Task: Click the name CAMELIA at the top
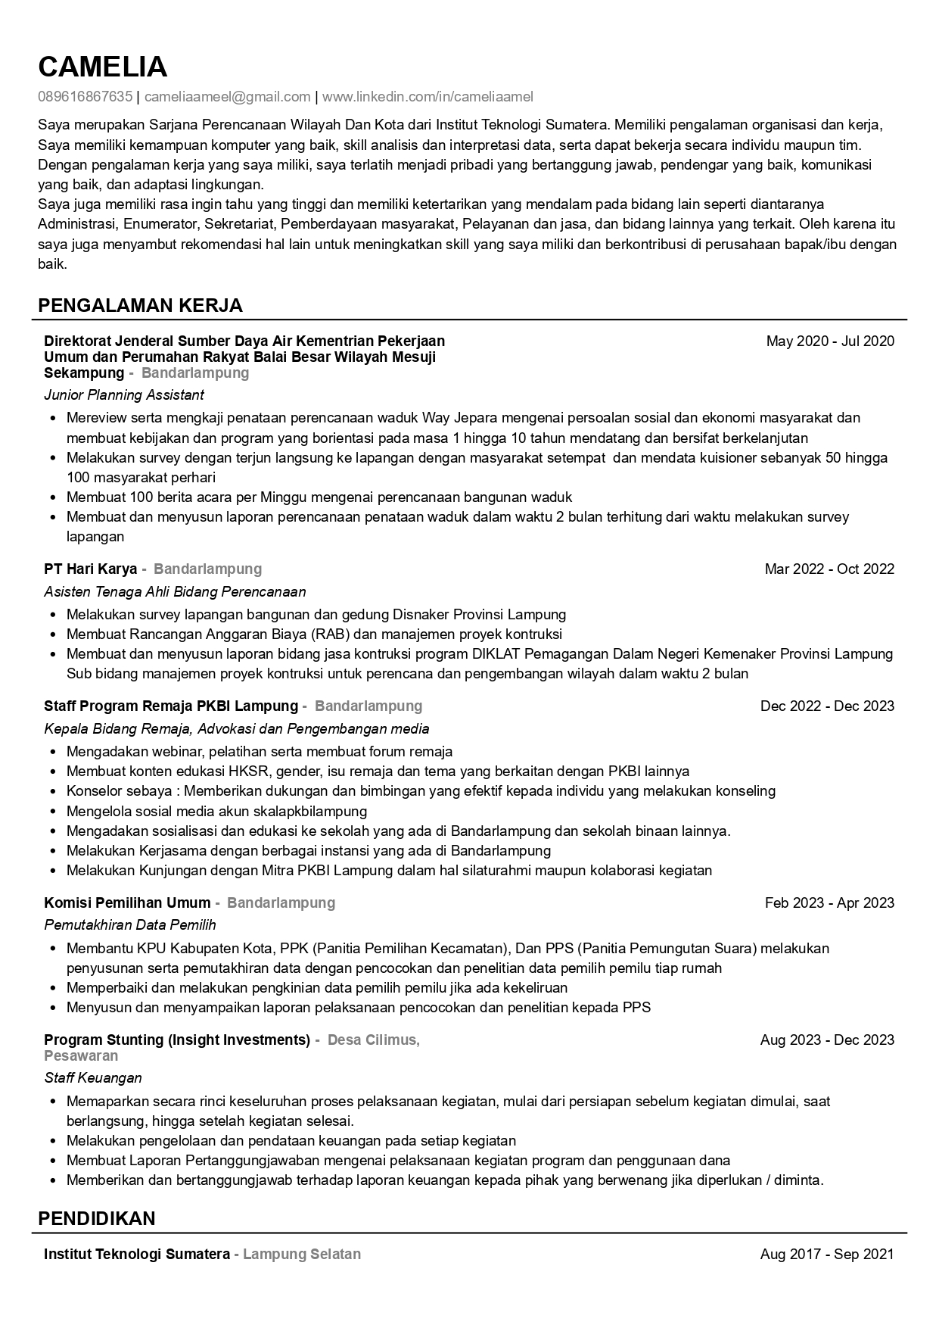(102, 67)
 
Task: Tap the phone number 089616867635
(85, 97)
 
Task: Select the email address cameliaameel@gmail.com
(227, 97)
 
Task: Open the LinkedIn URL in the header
(428, 97)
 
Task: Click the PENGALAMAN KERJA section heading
(140, 306)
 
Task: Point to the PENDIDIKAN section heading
(96, 1218)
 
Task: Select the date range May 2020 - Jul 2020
(830, 341)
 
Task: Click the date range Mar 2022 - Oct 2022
(829, 569)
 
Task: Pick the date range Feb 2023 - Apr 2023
(829, 903)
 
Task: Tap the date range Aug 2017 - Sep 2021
(827, 1255)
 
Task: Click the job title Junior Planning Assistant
(124, 395)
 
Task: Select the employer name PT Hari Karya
(91, 569)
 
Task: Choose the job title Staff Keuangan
(93, 1078)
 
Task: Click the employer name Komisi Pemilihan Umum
(127, 903)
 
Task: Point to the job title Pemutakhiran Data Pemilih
(130, 925)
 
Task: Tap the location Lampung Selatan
(302, 1255)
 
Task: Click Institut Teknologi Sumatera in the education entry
(137, 1255)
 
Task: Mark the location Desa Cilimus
(373, 1040)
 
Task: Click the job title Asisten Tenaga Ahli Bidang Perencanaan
(175, 592)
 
